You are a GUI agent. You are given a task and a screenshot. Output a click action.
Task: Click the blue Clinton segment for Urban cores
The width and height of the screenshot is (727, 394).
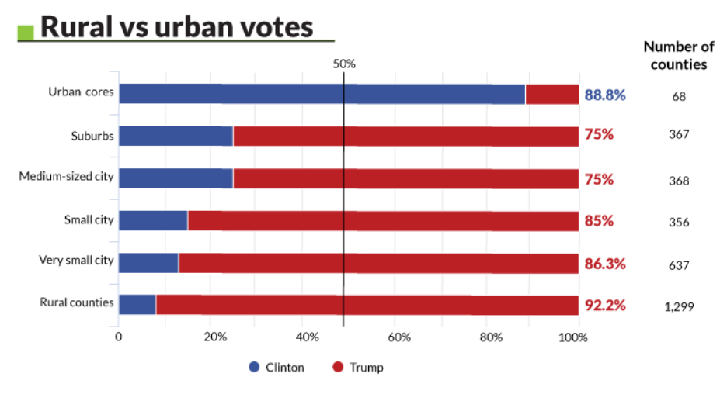pos(322,95)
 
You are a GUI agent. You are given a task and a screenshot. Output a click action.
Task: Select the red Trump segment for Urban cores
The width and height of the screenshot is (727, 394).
pos(552,95)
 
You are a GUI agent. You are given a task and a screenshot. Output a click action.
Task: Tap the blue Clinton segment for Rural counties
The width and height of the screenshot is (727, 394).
pos(137,305)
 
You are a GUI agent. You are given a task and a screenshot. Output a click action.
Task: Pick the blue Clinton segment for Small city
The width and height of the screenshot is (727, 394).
pos(153,220)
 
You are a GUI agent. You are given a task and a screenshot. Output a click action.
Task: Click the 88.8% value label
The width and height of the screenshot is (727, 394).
pos(605,95)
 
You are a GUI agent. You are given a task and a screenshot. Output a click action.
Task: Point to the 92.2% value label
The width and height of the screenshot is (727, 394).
pos(605,305)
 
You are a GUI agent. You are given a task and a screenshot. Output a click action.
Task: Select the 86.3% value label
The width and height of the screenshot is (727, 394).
pos(605,263)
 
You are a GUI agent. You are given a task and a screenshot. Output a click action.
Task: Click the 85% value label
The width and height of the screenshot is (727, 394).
pos(599,221)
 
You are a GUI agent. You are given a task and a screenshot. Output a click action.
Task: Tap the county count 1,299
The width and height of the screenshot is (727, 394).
pos(679,306)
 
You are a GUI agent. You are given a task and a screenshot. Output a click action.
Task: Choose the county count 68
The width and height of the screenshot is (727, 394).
pos(679,97)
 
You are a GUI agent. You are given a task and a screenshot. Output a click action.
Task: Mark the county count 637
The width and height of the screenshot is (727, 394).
pos(679,264)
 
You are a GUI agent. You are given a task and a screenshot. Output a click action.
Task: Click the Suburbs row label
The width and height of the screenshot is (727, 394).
pos(92,137)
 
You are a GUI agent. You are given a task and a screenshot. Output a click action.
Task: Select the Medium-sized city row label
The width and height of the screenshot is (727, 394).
pos(67,177)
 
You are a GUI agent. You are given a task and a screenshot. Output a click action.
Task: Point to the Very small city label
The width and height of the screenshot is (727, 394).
pos(76,260)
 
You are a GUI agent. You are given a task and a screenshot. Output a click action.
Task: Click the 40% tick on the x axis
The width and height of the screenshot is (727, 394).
pos(308,337)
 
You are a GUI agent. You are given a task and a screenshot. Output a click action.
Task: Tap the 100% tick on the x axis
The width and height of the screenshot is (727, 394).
pos(574,337)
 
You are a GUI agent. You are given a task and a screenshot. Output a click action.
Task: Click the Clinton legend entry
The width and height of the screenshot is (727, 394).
pos(277,367)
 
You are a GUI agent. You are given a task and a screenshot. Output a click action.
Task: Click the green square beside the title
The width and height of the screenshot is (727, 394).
pos(26,31)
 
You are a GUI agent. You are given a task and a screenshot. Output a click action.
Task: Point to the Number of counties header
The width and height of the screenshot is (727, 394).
pos(678,56)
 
